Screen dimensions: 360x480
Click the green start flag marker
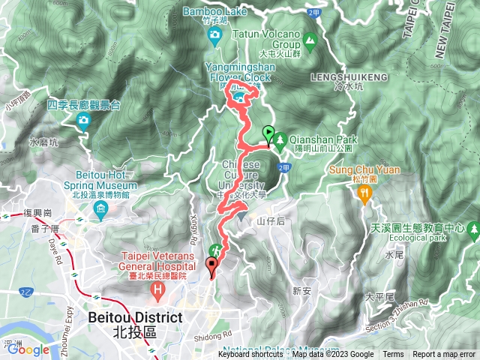[x=268, y=133]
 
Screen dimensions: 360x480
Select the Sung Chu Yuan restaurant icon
[x=365, y=194]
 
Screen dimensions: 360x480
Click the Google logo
[x=28, y=349]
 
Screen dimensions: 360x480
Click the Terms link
[x=393, y=355]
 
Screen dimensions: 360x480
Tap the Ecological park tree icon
[x=472, y=228]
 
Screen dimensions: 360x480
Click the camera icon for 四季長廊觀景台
[x=82, y=120]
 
